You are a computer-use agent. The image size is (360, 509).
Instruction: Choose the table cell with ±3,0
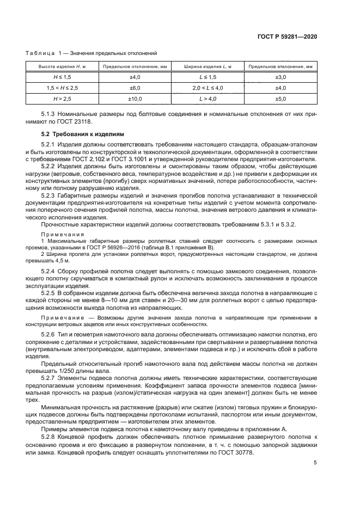click(x=280, y=77)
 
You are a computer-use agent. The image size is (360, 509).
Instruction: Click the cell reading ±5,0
click(x=280, y=99)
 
